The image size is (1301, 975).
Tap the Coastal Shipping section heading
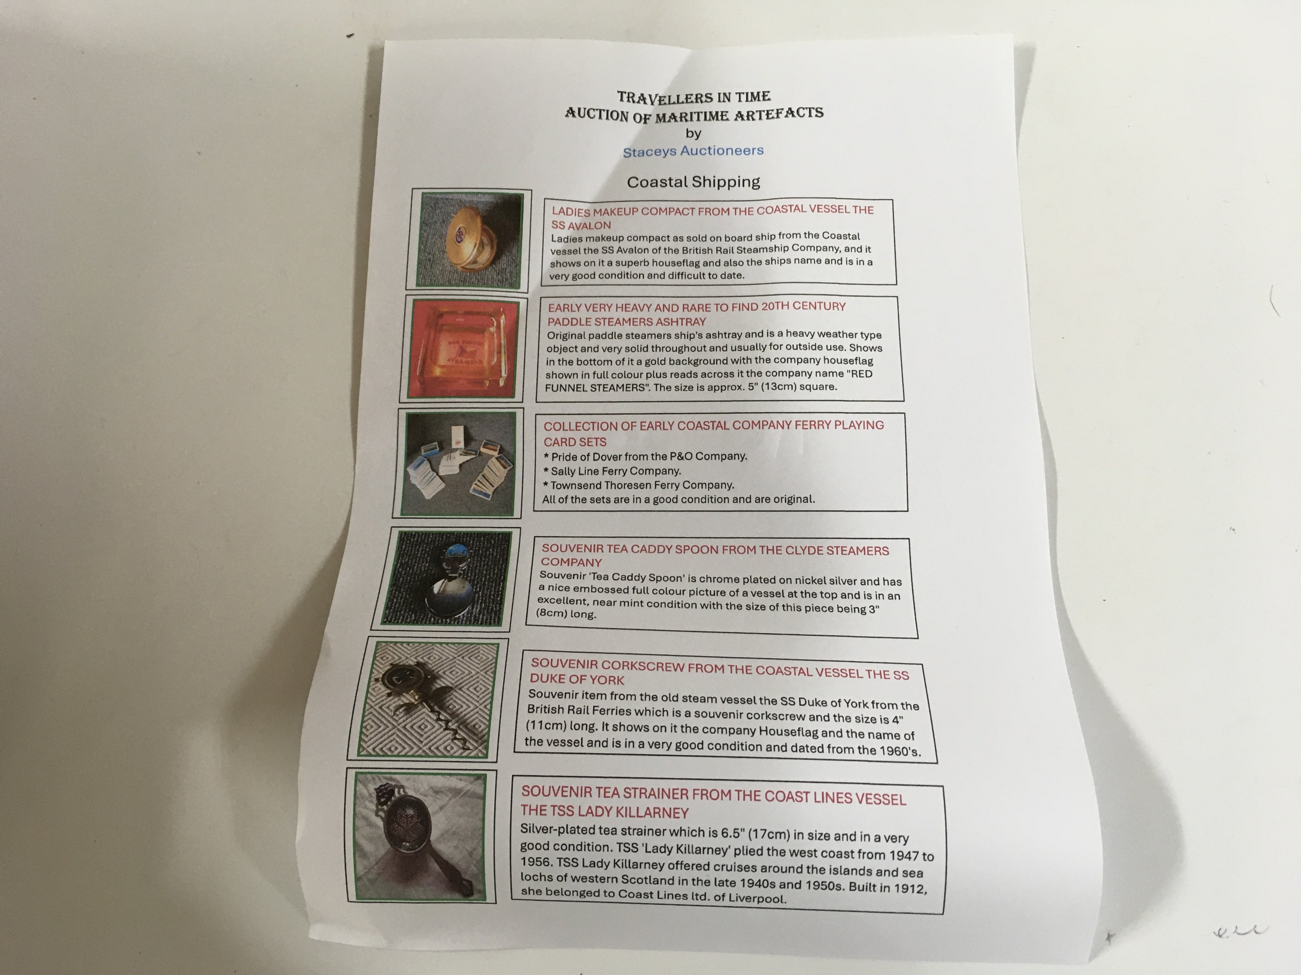point(693,182)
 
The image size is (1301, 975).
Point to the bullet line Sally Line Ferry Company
point(612,471)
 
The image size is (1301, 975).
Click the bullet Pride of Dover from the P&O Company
point(645,456)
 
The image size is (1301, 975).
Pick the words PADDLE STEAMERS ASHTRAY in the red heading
point(626,321)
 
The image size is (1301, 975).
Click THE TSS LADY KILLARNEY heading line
point(605,812)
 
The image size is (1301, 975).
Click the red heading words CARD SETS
point(575,441)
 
